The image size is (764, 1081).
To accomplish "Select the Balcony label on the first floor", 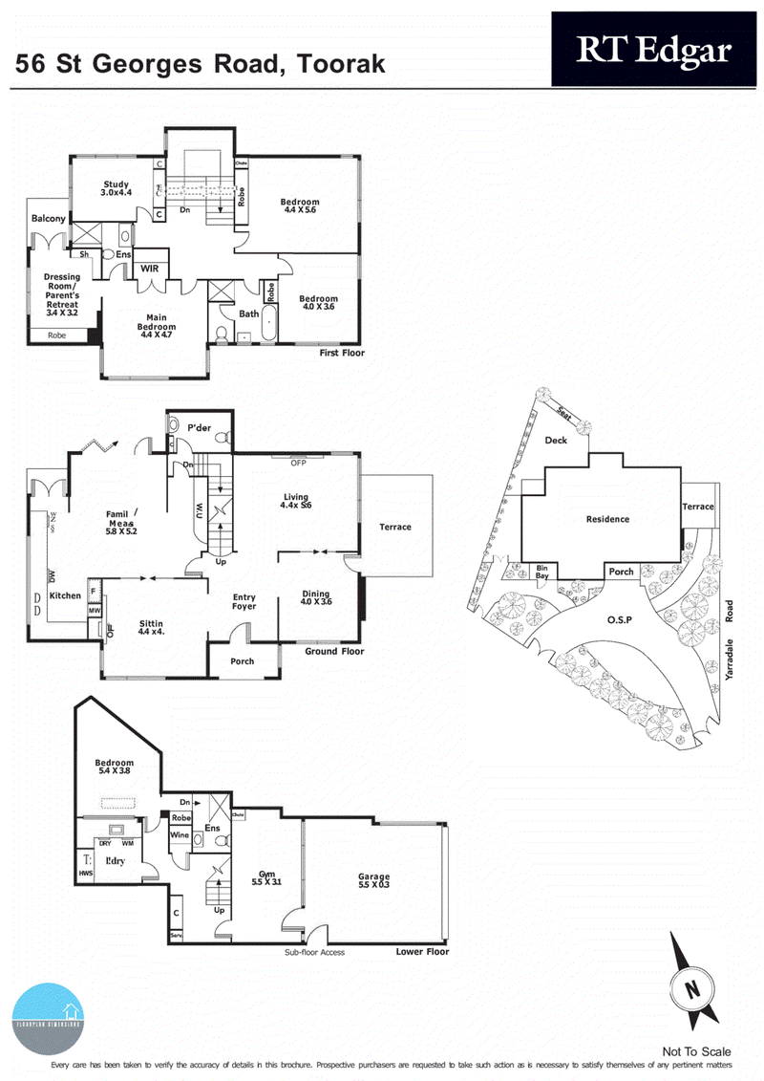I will pyautogui.click(x=48, y=219).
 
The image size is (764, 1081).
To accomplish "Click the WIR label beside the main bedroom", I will pyautogui.click(x=150, y=270).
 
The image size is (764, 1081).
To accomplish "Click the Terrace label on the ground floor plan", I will pyautogui.click(x=395, y=527).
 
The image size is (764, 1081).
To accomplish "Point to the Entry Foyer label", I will pyautogui.click(x=244, y=603).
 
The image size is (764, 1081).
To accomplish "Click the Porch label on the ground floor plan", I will pyautogui.click(x=243, y=660).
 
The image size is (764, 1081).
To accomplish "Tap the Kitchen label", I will pyautogui.click(x=65, y=595).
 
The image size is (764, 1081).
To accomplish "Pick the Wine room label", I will pyautogui.click(x=180, y=834).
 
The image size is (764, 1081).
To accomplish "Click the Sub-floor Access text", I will pyautogui.click(x=314, y=952).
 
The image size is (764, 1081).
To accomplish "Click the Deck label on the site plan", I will pyautogui.click(x=556, y=441).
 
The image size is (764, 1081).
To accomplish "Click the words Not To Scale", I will pyautogui.click(x=697, y=1051).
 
